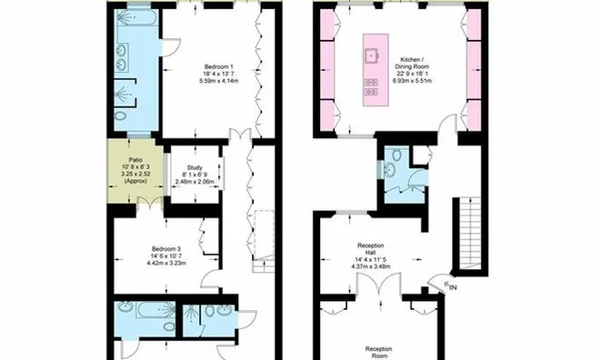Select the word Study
point(194,167)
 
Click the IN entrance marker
point(452,289)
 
